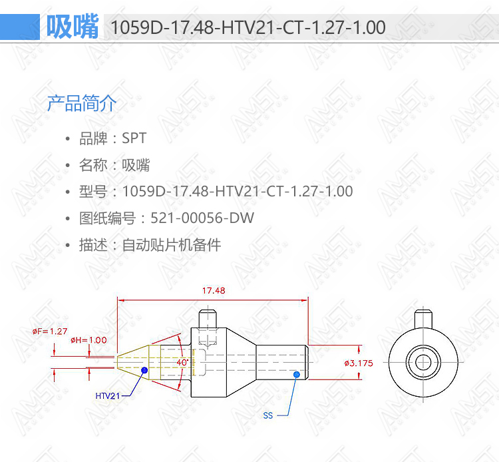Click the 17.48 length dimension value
pyautogui.click(x=214, y=290)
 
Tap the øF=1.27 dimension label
pyautogui.click(x=50, y=331)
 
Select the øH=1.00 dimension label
pyautogui.click(x=88, y=340)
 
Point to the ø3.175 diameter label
pyautogui.click(x=359, y=363)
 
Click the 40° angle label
pyautogui.click(x=182, y=362)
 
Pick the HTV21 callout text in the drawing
pyautogui.click(x=108, y=396)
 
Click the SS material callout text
pyautogui.click(x=268, y=415)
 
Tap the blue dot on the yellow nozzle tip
pyautogui.click(x=144, y=370)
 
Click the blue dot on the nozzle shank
pyautogui.click(x=297, y=374)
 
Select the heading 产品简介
pyautogui.click(x=82, y=103)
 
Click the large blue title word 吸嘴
pyautogui.click(x=73, y=27)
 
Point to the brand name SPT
pyautogui.click(x=134, y=138)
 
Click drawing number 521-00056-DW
pyautogui.click(x=202, y=218)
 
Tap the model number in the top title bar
pyautogui.click(x=248, y=27)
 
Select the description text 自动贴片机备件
pyautogui.click(x=172, y=245)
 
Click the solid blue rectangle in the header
pyautogui.click(x=20, y=27)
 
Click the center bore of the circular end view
pyautogui.click(x=423, y=362)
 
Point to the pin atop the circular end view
pyautogui.click(x=423, y=319)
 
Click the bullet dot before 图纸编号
pyautogui.click(x=67, y=218)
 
